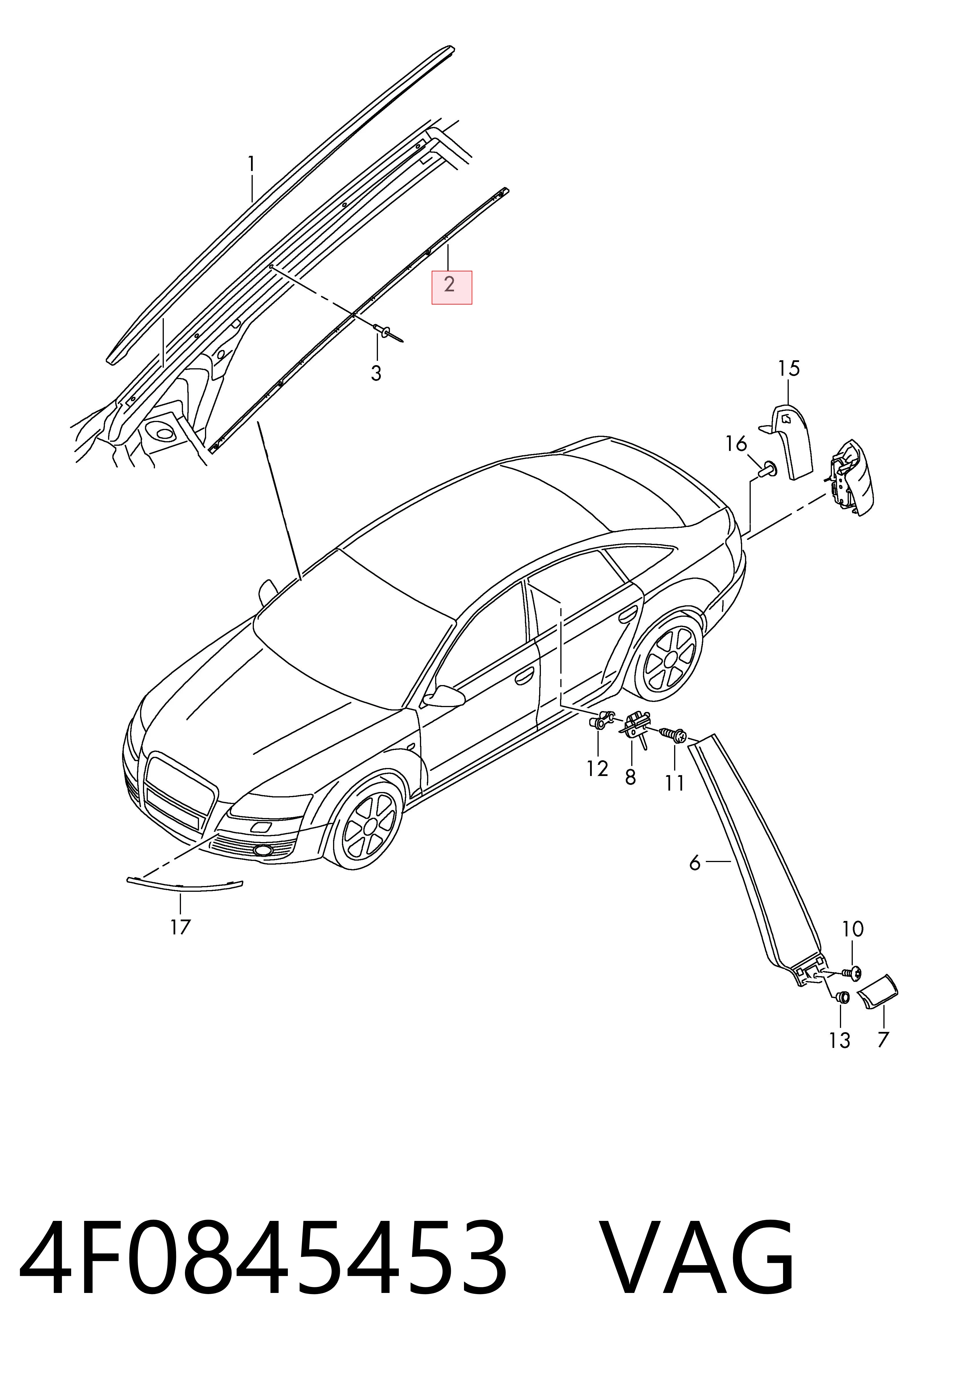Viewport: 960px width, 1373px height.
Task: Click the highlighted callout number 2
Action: (449, 284)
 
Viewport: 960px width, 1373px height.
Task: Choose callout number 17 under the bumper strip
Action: (180, 927)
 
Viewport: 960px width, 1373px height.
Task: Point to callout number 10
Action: (853, 929)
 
